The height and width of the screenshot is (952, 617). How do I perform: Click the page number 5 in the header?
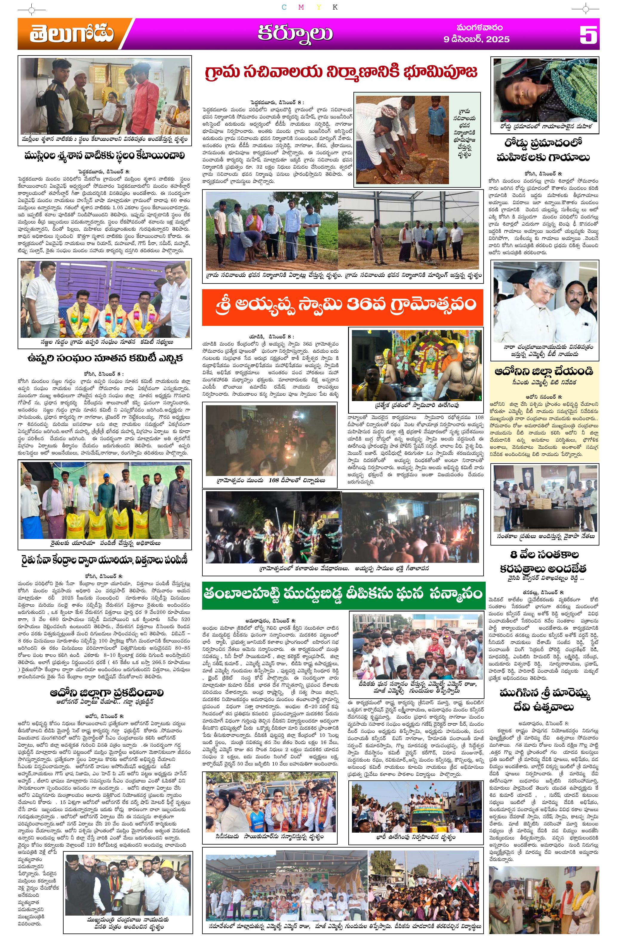588,34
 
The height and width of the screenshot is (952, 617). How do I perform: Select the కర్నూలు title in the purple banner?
295,34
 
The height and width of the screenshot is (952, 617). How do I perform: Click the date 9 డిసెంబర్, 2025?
476,39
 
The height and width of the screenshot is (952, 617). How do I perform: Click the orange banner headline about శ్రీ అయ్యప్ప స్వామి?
342,304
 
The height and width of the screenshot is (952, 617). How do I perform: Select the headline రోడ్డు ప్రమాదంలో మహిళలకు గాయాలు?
543,150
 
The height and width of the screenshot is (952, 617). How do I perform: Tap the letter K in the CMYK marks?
335,7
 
